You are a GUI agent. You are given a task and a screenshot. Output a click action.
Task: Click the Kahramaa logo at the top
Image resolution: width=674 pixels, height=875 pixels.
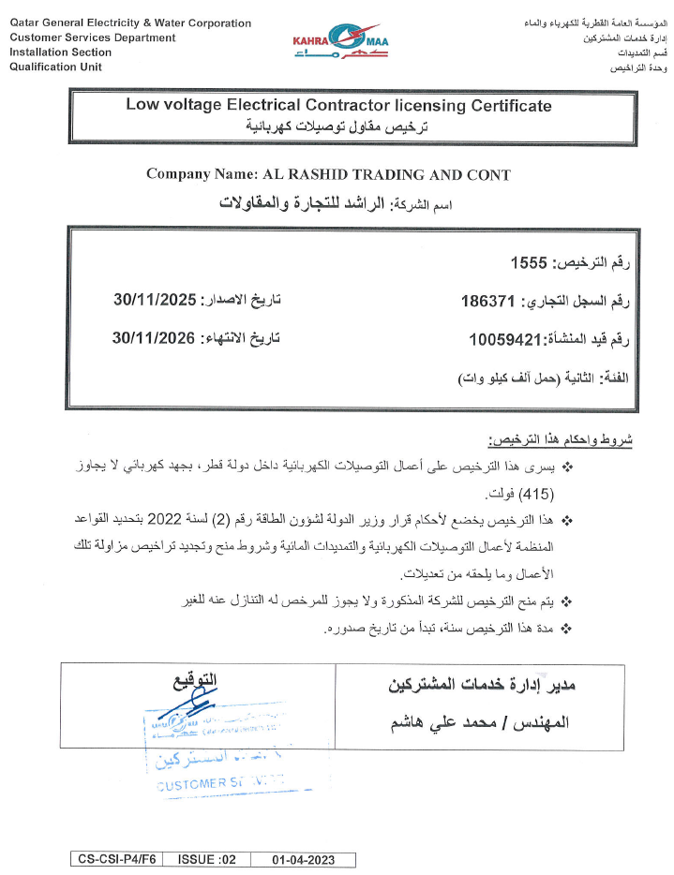[x=337, y=43]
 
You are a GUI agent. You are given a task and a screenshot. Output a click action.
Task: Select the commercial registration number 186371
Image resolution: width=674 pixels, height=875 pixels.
[x=489, y=302]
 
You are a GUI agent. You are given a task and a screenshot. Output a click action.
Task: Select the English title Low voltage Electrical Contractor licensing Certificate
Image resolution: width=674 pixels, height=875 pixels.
[x=338, y=107]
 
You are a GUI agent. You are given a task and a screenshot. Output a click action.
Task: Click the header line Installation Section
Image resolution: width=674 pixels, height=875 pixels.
[x=60, y=52]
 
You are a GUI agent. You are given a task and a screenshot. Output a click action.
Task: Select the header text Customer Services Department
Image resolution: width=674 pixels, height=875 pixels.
[x=92, y=37]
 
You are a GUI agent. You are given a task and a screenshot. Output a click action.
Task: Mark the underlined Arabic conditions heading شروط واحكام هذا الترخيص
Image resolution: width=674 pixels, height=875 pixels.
[x=561, y=438]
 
